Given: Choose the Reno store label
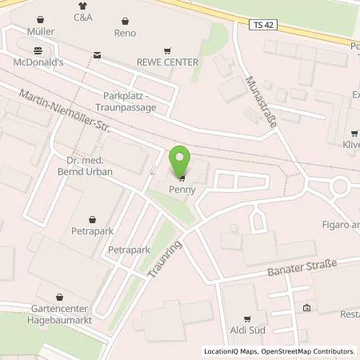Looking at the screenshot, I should coord(125,33).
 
